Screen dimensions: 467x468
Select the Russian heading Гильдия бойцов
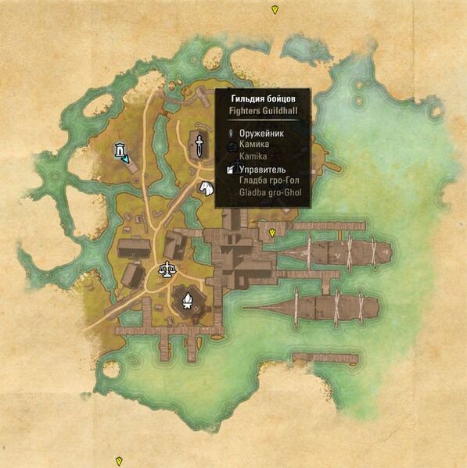pos(262,99)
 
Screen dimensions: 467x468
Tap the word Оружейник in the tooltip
pos(262,134)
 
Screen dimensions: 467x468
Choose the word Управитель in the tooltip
pos(262,170)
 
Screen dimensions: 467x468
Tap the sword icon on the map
pos(199,144)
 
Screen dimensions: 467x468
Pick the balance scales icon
pos(167,270)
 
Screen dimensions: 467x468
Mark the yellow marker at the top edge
pos(275,9)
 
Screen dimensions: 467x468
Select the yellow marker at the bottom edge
pos(119,461)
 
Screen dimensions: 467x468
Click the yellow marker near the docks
pos(272,233)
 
